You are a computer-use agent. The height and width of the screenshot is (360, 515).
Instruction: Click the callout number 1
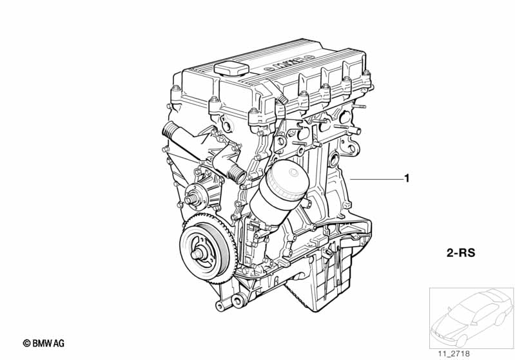pos(407,178)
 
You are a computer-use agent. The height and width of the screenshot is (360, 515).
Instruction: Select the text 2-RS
pos(461,253)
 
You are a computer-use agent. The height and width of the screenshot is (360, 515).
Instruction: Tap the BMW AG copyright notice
pos(44,343)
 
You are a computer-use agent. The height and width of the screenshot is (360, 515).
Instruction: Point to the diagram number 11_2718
pos(454,354)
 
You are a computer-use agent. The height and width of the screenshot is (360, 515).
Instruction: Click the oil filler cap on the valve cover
pos(231,69)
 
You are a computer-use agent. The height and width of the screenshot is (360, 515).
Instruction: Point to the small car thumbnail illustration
pos(471,317)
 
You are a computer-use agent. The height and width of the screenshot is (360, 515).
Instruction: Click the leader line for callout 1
pos(376,179)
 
